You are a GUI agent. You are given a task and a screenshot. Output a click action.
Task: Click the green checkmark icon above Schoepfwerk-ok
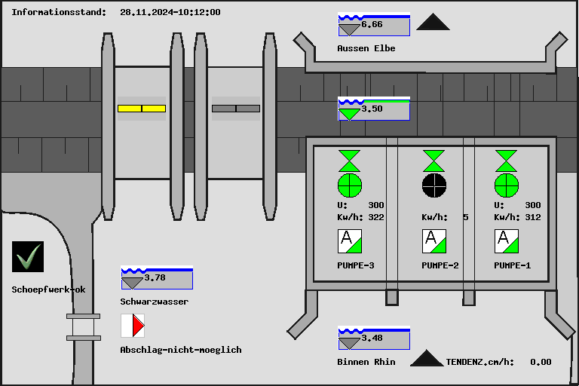[x=28, y=257]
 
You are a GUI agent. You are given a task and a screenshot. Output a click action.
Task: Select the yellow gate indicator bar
[x=142, y=109]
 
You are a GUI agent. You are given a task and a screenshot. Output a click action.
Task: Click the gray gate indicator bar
[x=236, y=109]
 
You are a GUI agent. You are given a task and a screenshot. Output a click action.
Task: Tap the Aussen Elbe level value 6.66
[x=372, y=25]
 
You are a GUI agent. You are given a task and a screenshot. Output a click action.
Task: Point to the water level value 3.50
[x=372, y=109]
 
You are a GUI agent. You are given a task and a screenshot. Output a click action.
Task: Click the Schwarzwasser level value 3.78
[x=155, y=277]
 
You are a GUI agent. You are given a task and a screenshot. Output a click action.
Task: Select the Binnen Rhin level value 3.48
[x=372, y=338]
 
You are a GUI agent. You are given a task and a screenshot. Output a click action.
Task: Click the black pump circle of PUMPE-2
[x=433, y=184]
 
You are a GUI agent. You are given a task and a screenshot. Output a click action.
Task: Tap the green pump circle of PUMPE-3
[x=350, y=184]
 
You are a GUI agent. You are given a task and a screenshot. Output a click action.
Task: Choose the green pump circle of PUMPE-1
[x=507, y=184]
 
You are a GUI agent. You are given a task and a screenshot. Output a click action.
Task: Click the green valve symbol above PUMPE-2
[x=433, y=161]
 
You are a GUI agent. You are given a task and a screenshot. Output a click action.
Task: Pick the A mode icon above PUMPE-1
[x=507, y=241]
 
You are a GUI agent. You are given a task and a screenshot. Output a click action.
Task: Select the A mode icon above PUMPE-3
[x=350, y=241]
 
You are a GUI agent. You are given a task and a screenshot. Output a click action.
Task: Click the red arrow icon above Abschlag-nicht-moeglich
[x=133, y=326]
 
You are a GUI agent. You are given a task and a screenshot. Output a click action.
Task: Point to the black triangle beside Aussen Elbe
[x=433, y=23]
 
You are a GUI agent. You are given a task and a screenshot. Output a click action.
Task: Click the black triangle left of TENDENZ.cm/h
[x=427, y=358]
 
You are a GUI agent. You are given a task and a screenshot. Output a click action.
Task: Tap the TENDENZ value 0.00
[x=541, y=362]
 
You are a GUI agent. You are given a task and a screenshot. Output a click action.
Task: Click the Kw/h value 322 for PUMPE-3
[x=376, y=217]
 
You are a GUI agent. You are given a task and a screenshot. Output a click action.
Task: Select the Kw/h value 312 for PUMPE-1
[x=533, y=217]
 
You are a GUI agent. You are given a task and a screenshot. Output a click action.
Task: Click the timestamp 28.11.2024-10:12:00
[x=170, y=12]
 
